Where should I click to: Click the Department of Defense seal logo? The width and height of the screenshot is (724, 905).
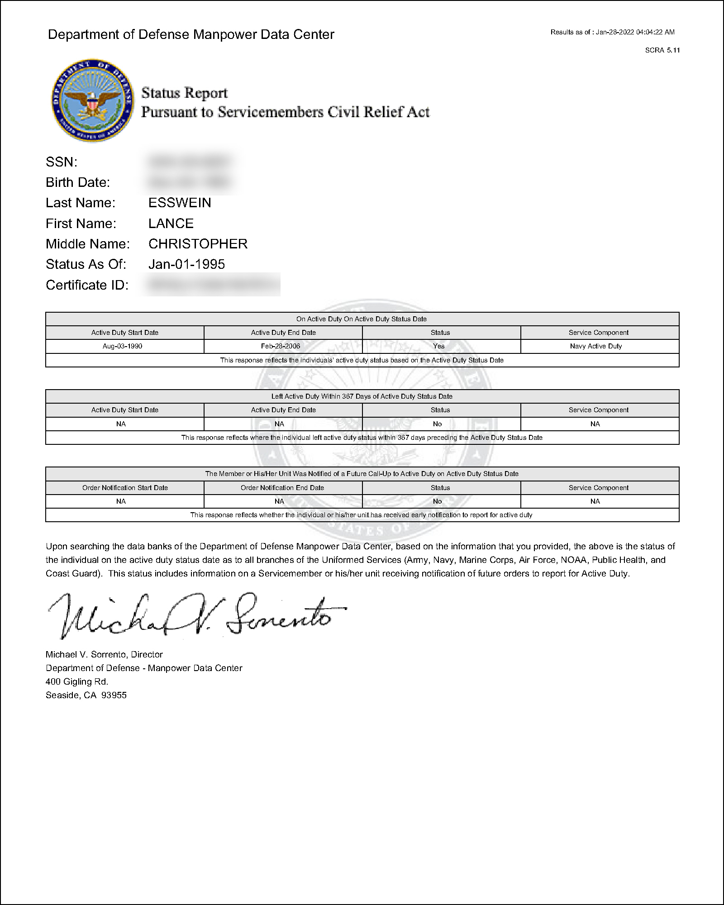(92, 100)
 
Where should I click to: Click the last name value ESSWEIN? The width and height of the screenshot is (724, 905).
(180, 203)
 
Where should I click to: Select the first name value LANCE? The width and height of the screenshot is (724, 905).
(171, 224)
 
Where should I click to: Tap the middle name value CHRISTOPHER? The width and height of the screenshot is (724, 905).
(198, 244)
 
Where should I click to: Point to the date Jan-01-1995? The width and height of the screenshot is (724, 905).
(186, 264)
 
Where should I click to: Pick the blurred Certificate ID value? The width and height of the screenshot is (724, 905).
(211, 285)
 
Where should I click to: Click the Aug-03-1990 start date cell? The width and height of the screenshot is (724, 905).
(122, 346)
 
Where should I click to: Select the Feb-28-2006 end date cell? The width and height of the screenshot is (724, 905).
(281, 346)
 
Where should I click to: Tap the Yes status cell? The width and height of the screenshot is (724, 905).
(439, 346)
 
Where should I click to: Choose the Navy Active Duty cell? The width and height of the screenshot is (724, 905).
(596, 346)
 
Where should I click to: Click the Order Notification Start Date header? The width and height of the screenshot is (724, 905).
(125, 488)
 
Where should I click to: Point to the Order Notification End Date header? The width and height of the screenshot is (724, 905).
(282, 488)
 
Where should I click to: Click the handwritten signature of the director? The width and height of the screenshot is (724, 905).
(195, 615)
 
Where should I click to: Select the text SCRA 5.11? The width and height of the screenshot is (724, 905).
(662, 50)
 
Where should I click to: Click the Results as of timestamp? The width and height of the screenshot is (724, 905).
(612, 32)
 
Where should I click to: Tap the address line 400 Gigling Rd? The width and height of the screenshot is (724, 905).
(77, 681)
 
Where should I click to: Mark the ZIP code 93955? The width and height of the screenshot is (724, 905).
(114, 695)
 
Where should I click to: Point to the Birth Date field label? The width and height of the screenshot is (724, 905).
(78, 182)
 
